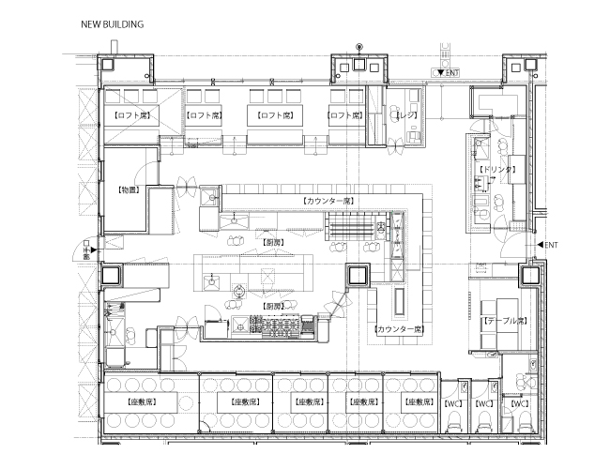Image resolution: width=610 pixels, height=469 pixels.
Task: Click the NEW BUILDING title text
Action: [112, 24]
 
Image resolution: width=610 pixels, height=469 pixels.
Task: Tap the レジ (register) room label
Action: [405, 114]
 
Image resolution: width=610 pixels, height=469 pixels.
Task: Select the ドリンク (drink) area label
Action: [496, 169]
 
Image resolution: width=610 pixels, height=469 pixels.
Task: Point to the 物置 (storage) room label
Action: [129, 189]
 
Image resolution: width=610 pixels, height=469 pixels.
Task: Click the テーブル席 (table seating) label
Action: [504, 320]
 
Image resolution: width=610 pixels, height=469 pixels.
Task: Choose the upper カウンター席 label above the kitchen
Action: [328, 201]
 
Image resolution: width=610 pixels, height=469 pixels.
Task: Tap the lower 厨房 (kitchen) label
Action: [273, 306]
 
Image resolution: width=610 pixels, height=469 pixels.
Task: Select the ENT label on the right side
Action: [551, 245]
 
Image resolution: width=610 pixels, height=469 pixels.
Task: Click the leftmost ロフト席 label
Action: [132, 115]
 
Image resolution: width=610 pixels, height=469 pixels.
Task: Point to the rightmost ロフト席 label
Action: [344, 115]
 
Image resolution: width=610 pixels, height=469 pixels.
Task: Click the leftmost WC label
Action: [452, 402]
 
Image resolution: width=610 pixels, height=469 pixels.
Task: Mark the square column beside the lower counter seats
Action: [358, 276]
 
